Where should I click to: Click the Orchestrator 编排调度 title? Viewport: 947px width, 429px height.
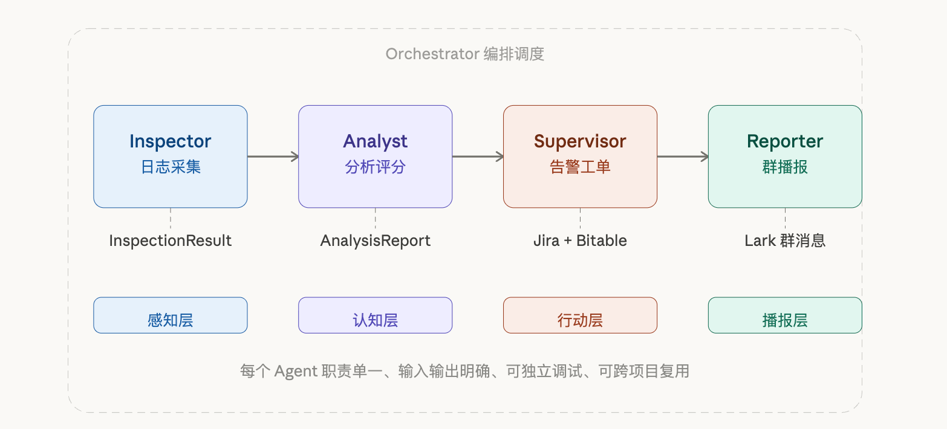(x=465, y=54)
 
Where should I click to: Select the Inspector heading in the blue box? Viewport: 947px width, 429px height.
(x=170, y=141)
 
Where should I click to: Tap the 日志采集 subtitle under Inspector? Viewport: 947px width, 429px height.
(x=170, y=167)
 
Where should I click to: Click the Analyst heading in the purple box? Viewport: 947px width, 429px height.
(x=375, y=141)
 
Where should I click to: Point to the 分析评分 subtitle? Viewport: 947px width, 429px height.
(x=375, y=167)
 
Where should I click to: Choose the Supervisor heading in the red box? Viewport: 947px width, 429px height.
(x=580, y=141)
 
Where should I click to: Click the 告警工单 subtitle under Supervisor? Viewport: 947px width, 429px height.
(x=580, y=167)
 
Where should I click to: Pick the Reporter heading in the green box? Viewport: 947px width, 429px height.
(x=785, y=141)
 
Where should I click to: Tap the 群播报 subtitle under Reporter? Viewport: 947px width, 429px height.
(x=785, y=167)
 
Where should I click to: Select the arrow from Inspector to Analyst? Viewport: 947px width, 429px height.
(x=273, y=156)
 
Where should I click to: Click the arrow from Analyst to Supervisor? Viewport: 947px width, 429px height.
(x=478, y=156)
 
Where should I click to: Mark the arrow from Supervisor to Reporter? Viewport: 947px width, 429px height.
(x=683, y=156)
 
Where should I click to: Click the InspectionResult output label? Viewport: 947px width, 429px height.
(x=170, y=240)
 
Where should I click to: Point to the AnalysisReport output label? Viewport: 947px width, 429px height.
(x=375, y=240)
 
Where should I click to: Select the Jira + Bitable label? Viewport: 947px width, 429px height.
(x=580, y=240)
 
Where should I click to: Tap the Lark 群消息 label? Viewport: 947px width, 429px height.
(x=785, y=240)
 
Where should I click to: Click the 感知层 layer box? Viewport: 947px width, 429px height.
(x=170, y=315)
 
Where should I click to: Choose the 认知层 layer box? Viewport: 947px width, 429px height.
(x=375, y=315)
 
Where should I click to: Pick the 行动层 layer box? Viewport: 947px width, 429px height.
(x=580, y=315)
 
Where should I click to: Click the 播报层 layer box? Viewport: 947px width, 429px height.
(x=785, y=315)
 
